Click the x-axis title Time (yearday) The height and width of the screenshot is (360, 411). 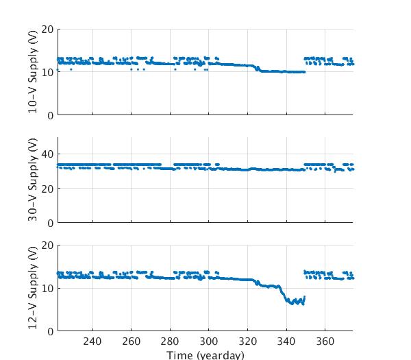[205, 355]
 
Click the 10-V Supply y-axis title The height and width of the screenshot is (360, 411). [33, 72]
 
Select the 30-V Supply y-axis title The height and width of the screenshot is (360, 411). [33, 180]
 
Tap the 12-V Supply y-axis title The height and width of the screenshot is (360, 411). [33, 288]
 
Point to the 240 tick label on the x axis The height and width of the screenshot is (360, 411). [92, 341]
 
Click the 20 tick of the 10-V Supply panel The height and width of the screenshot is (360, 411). [47, 29]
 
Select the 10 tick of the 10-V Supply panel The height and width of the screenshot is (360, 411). [47, 72]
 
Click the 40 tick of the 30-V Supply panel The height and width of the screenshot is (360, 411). [47, 154]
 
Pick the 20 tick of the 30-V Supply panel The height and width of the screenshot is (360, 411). [47, 189]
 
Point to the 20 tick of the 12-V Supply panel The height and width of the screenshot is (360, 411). [47, 245]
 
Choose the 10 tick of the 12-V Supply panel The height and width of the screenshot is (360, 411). [47, 288]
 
